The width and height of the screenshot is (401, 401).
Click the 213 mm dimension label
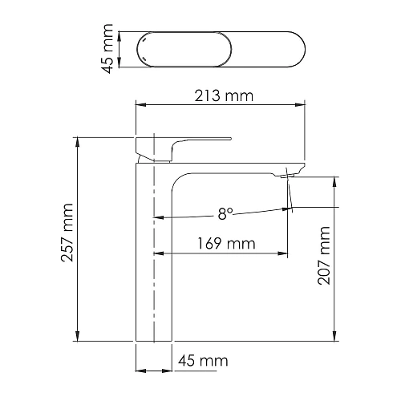pos(222,97)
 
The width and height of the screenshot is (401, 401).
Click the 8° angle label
pos(225,213)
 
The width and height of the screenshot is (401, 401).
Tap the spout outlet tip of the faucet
pos(290,172)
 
